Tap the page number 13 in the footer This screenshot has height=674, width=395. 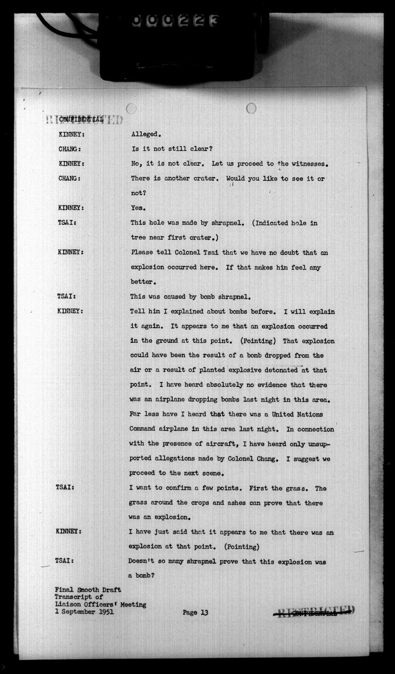[204, 612]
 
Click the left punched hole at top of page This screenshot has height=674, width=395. [131, 108]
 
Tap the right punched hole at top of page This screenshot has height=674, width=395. [251, 108]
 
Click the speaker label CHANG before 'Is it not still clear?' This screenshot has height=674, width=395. [69, 149]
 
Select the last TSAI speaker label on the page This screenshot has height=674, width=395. [65, 561]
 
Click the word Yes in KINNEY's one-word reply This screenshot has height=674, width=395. [137, 208]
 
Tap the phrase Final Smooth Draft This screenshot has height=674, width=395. [88, 590]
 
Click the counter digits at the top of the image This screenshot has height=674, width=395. [175, 21]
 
